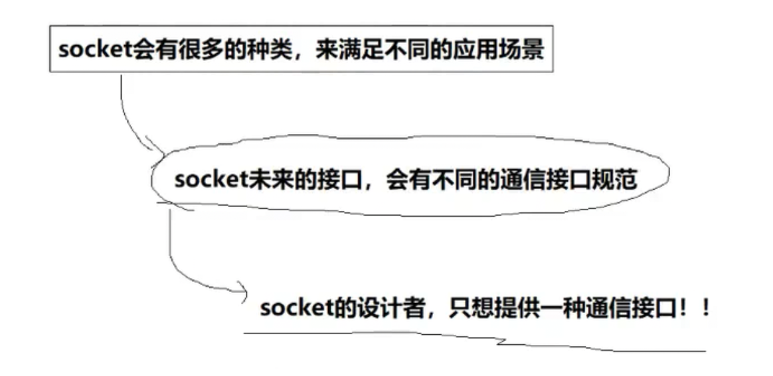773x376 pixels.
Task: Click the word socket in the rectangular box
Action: [x=88, y=51]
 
